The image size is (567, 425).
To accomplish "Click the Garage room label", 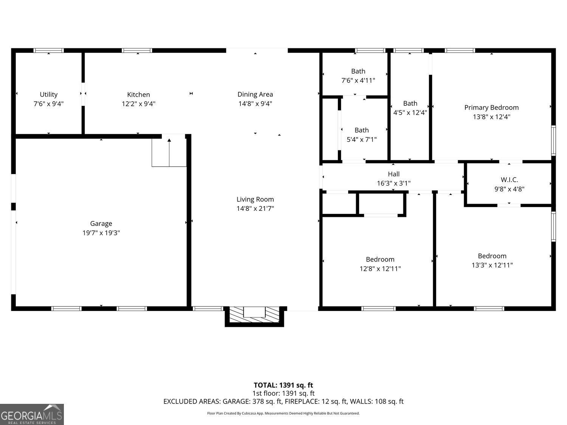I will [x=101, y=224].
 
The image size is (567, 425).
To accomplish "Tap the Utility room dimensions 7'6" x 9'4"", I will [x=48, y=104].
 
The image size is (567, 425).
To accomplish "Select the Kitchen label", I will [x=138, y=94].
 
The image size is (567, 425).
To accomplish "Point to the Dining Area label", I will [x=255, y=94].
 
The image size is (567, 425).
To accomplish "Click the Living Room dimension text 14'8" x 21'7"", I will [x=255, y=209].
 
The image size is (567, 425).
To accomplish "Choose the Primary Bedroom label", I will [x=491, y=108].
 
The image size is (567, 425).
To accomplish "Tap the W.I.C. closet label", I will [x=509, y=180].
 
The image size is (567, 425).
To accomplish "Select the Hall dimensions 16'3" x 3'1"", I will [x=393, y=184].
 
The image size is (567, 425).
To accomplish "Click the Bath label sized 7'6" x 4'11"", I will [x=358, y=71].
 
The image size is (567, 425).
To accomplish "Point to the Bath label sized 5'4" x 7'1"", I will [x=361, y=130].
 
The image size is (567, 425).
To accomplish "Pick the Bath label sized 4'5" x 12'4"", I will [x=410, y=104].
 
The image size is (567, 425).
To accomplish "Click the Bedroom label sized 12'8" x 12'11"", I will [x=380, y=260].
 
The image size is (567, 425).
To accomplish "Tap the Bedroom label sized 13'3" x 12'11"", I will [x=492, y=256].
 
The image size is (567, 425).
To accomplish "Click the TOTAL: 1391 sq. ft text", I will [x=283, y=385].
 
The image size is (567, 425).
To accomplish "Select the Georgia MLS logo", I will [x=32, y=414].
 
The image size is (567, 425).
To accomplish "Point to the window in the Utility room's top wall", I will [x=48, y=51].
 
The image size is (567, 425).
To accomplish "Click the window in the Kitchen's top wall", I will [x=137, y=51].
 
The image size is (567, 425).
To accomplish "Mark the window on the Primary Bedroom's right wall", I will [x=553, y=141].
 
